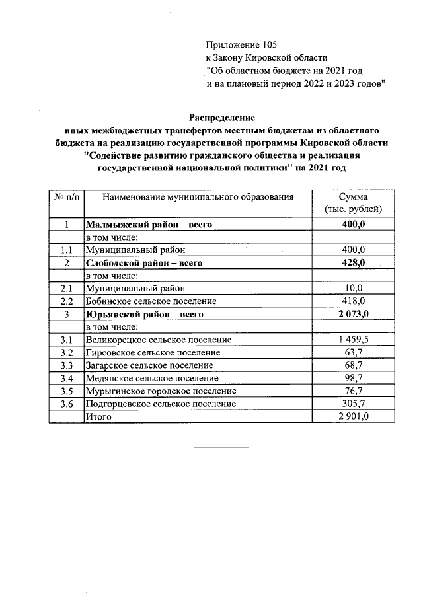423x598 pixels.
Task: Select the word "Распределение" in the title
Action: [222, 118]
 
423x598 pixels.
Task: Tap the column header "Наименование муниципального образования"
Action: [198, 196]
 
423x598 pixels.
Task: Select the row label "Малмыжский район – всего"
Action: [149, 225]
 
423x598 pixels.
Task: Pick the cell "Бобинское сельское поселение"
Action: [151, 301]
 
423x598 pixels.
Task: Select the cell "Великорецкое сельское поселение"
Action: [159, 340]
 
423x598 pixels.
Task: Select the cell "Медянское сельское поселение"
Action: [152, 378]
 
